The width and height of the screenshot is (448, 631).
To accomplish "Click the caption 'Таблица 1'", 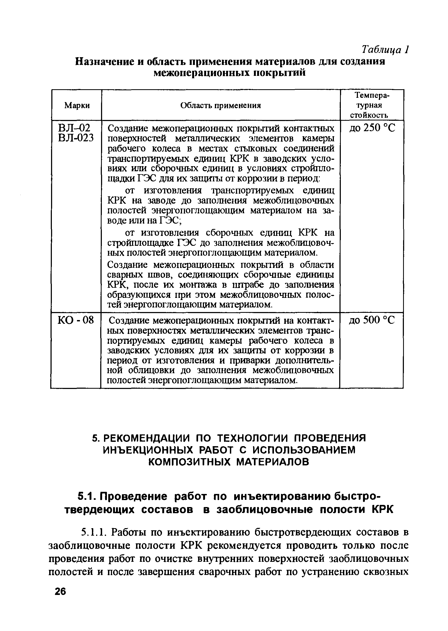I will pos(385,50).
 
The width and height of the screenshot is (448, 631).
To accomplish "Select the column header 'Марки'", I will pos(77,105).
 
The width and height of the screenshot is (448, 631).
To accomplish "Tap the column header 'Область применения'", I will pos(221,105).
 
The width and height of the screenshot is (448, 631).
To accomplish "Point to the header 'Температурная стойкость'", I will pos(372,105).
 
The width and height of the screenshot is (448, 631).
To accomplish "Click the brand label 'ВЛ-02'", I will pos(74,128).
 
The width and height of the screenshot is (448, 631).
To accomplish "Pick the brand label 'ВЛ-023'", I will pos(76,138).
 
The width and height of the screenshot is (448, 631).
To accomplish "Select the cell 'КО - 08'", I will pos(76,320).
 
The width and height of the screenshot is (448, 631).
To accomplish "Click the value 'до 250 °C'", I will pos(372,128).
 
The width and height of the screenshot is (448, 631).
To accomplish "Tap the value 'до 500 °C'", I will pos(372,320).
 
